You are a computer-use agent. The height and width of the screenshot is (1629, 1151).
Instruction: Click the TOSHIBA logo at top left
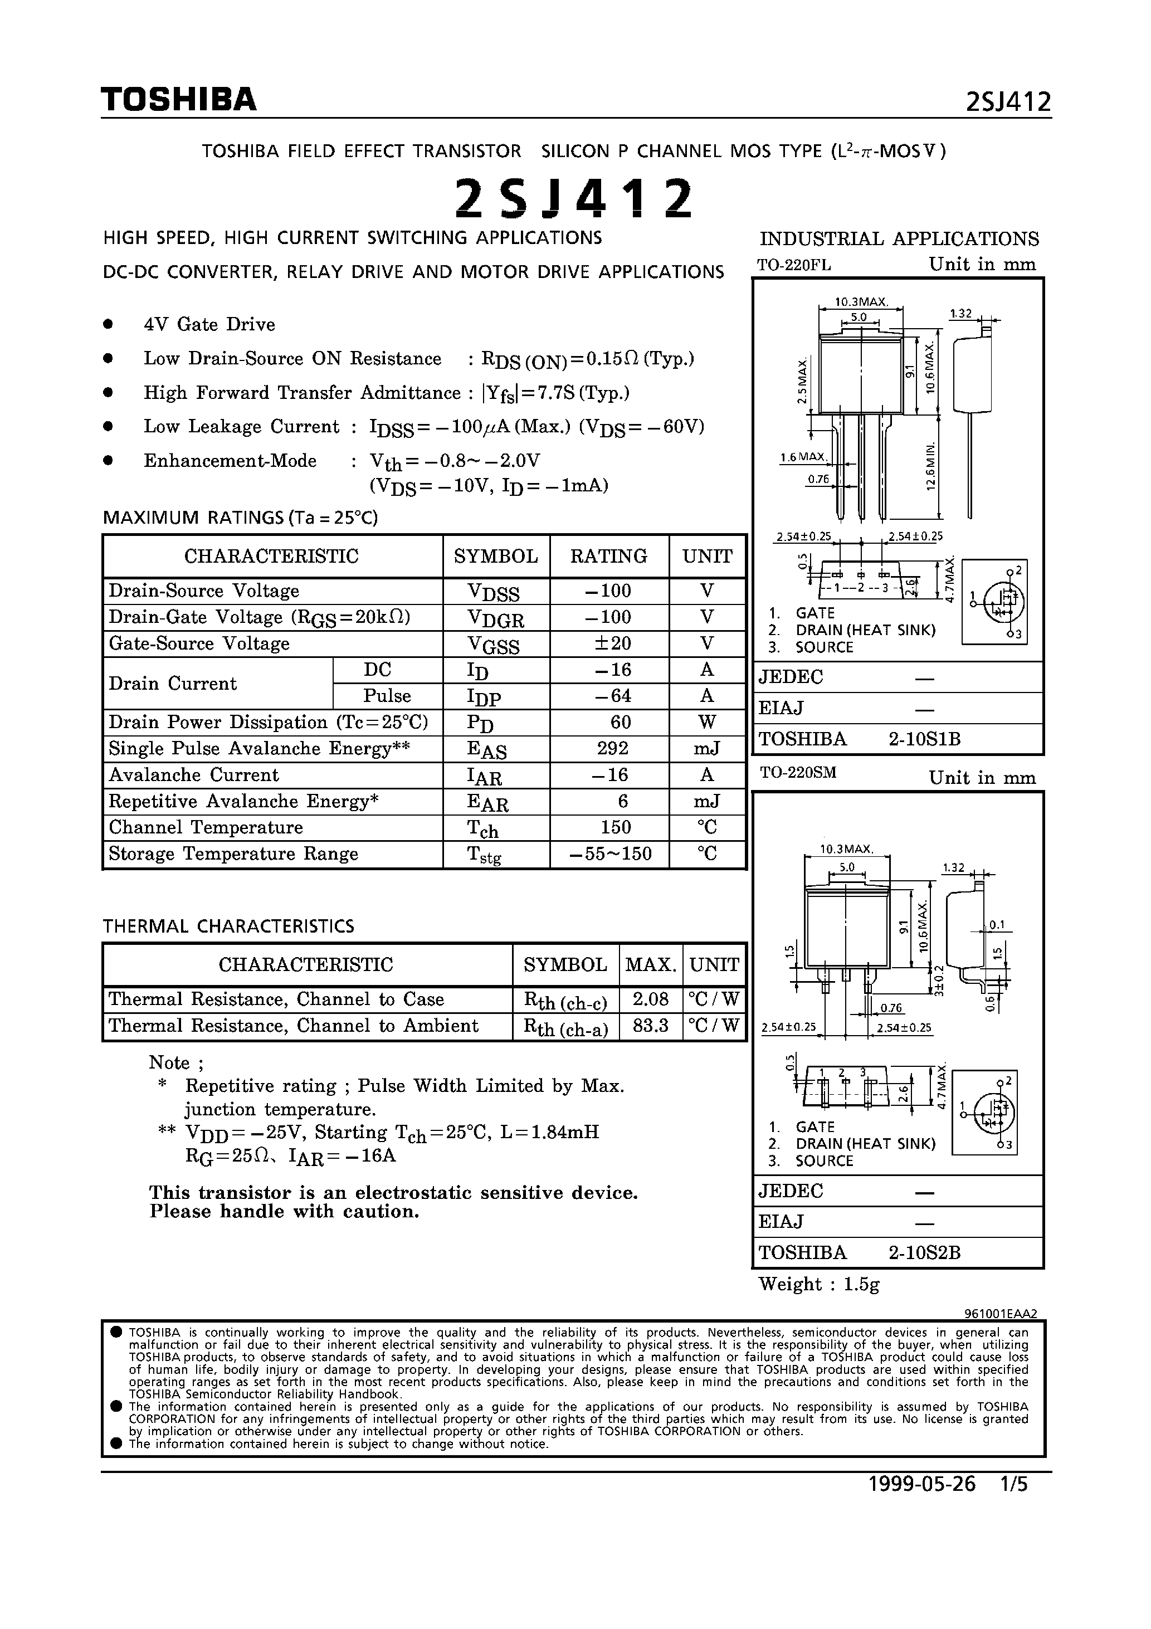pyautogui.click(x=178, y=100)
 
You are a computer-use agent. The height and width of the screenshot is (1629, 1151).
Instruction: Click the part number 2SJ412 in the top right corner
pyautogui.click(x=1008, y=103)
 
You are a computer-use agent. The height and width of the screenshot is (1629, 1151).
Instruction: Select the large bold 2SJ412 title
pyautogui.click(x=573, y=199)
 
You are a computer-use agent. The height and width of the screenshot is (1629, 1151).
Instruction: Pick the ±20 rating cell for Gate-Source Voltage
pyautogui.click(x=609, y=643)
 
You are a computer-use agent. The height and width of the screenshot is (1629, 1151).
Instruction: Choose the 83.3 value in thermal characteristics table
pyautogui.click(x=650, y=1026)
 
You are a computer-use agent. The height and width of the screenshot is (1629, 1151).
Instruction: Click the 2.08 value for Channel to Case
pyautogui.click(x=650, y=999)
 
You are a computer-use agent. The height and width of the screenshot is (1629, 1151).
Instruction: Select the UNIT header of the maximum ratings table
pyautogui.click(x=707, y=556)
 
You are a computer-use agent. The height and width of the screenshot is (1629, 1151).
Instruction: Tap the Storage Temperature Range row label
pyautogui.click(x=233, y=853)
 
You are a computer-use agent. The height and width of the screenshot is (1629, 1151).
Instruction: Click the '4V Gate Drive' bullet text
pyautogui.click(x=209, y=324)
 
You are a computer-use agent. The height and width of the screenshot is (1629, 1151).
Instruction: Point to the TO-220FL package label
pyautogui.click(x=793, y=265)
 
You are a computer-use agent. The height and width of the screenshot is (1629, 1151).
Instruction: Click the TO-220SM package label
pyautogui.click(x=798, y=772)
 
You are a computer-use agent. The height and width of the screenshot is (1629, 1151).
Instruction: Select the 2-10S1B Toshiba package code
pyautogui.click(x=924, y=739)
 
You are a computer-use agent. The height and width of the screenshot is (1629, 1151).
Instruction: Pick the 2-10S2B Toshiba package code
pyautogui.click(x=924, y=1253)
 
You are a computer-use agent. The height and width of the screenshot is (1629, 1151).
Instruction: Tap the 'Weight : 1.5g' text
pyautogui.click(x=819, y=1284)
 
